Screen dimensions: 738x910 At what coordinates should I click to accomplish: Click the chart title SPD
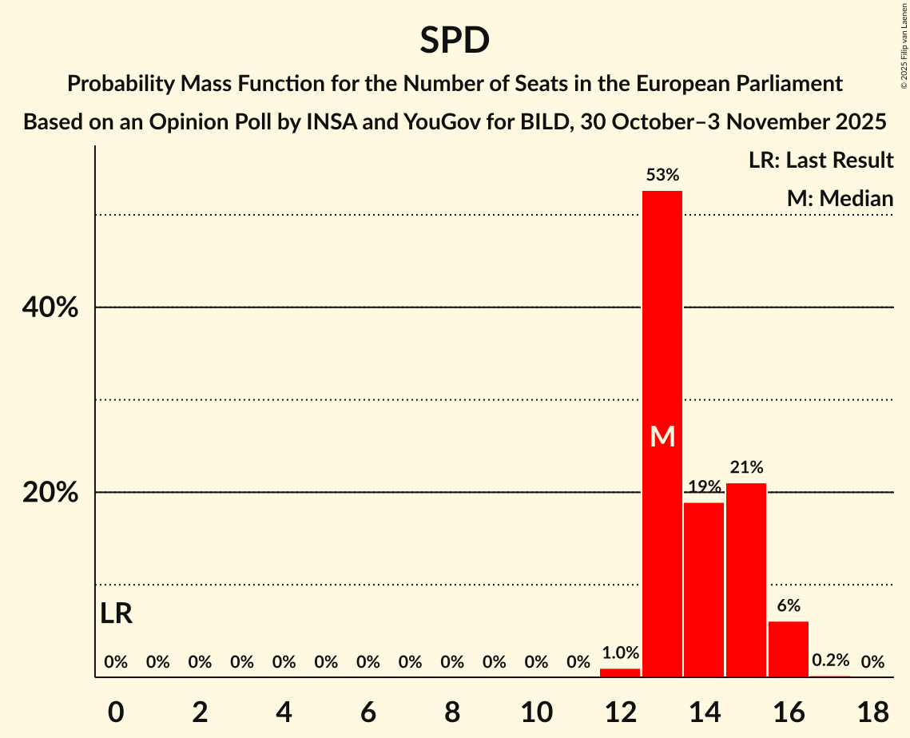455,40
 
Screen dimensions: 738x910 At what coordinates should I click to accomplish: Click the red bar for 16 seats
789,649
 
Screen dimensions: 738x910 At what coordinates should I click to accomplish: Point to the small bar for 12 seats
620,673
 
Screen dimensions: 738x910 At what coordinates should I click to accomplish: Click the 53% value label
662,174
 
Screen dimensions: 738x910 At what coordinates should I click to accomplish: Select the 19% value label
704,486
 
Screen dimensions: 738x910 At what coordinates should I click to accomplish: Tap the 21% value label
746,467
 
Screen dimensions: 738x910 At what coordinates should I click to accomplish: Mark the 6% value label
789,605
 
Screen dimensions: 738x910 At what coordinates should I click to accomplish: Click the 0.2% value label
830,661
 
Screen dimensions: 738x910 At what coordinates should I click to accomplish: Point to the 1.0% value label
620,653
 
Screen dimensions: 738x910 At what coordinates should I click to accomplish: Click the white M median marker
662,436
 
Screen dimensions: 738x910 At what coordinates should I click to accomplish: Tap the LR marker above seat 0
117,613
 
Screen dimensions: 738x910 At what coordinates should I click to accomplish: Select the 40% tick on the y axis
50,307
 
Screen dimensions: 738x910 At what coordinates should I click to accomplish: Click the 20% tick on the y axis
50,493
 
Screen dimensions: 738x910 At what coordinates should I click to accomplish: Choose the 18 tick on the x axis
872,710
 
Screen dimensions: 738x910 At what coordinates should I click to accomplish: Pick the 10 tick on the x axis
536,710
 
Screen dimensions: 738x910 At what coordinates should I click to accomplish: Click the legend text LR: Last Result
821,161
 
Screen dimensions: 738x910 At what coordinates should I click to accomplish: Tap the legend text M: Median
840,198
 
